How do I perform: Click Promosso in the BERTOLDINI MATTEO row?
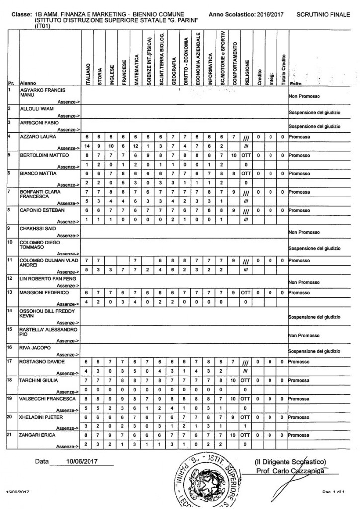302,155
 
